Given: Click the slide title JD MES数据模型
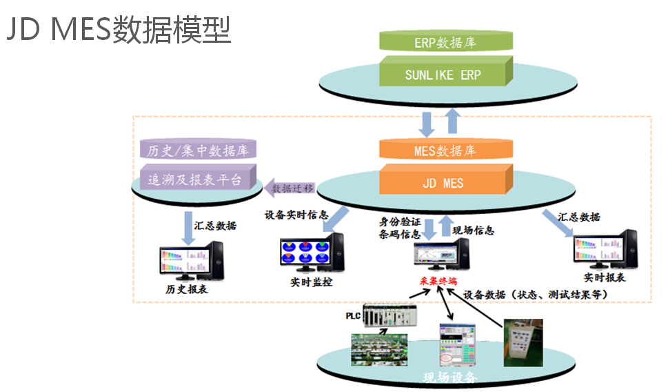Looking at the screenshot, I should point(119,30).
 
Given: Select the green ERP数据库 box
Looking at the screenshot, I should point(444,42).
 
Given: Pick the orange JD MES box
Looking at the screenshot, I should point(444,183).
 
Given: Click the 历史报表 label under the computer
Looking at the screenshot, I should point(187,290).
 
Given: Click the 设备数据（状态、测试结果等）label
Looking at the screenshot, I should point(535,293).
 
